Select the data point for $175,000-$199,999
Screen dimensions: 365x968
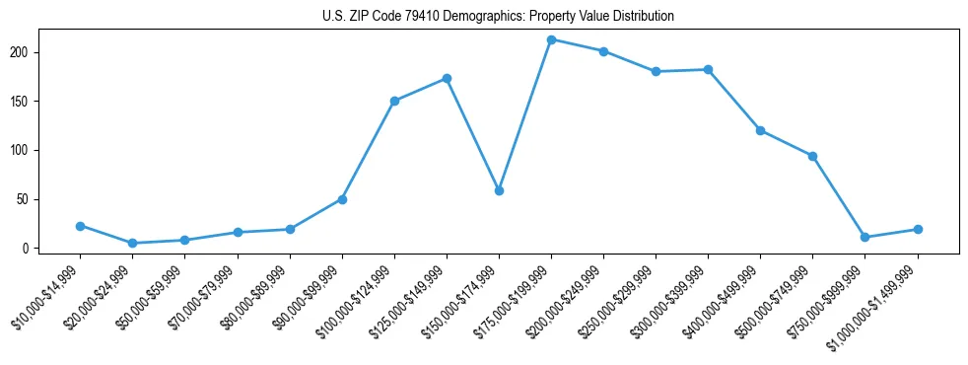click(551, 39)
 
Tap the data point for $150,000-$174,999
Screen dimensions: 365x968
click(499, 190)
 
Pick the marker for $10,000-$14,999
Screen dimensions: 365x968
click(80, 226)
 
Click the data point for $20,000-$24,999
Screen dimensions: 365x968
click(132, 243)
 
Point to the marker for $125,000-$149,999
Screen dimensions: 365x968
click(447, 78)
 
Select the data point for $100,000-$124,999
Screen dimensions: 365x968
click(394, 101)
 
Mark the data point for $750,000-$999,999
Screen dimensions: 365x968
click(864, 237)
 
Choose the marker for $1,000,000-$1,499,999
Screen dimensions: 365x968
click(918, 229)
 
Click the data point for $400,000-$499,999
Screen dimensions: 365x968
click(760, 130)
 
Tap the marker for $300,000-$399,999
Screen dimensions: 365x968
click(708, 69)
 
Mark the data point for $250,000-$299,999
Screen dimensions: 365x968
click(656, 71)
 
